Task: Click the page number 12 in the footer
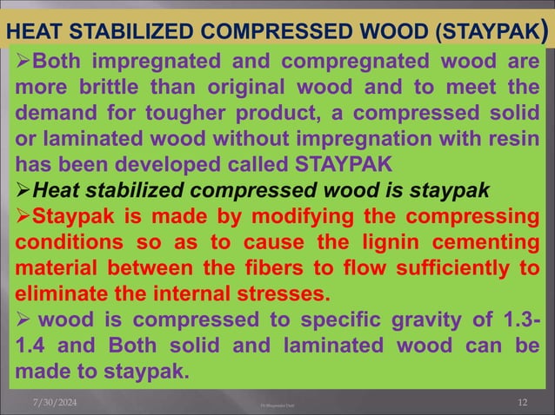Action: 522,401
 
